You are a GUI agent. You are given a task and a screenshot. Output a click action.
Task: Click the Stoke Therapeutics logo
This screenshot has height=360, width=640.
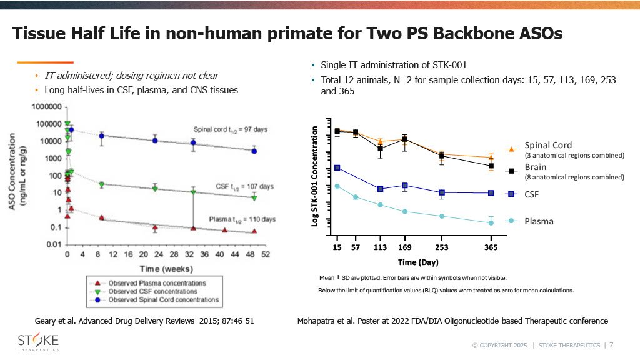point(37,343)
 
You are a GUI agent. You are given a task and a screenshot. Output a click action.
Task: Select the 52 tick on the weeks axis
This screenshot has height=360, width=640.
point(265,254)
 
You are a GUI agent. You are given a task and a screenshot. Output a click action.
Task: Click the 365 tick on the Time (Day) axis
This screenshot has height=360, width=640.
point(491,247)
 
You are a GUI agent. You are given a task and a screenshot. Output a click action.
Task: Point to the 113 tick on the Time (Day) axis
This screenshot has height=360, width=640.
point(380,247)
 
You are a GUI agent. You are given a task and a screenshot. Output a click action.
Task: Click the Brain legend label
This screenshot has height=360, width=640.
point(536,167)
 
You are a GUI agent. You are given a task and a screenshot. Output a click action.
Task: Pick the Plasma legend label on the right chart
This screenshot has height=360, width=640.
point(539,221)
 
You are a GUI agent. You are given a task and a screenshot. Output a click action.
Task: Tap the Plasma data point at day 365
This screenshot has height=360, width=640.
point(491,222)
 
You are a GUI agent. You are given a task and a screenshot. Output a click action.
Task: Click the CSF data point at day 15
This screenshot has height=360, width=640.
point(337,167)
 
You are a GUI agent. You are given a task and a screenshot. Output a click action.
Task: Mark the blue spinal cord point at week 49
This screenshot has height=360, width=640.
point(254,151)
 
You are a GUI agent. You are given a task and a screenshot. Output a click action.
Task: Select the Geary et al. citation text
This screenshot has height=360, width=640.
point(144,321)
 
